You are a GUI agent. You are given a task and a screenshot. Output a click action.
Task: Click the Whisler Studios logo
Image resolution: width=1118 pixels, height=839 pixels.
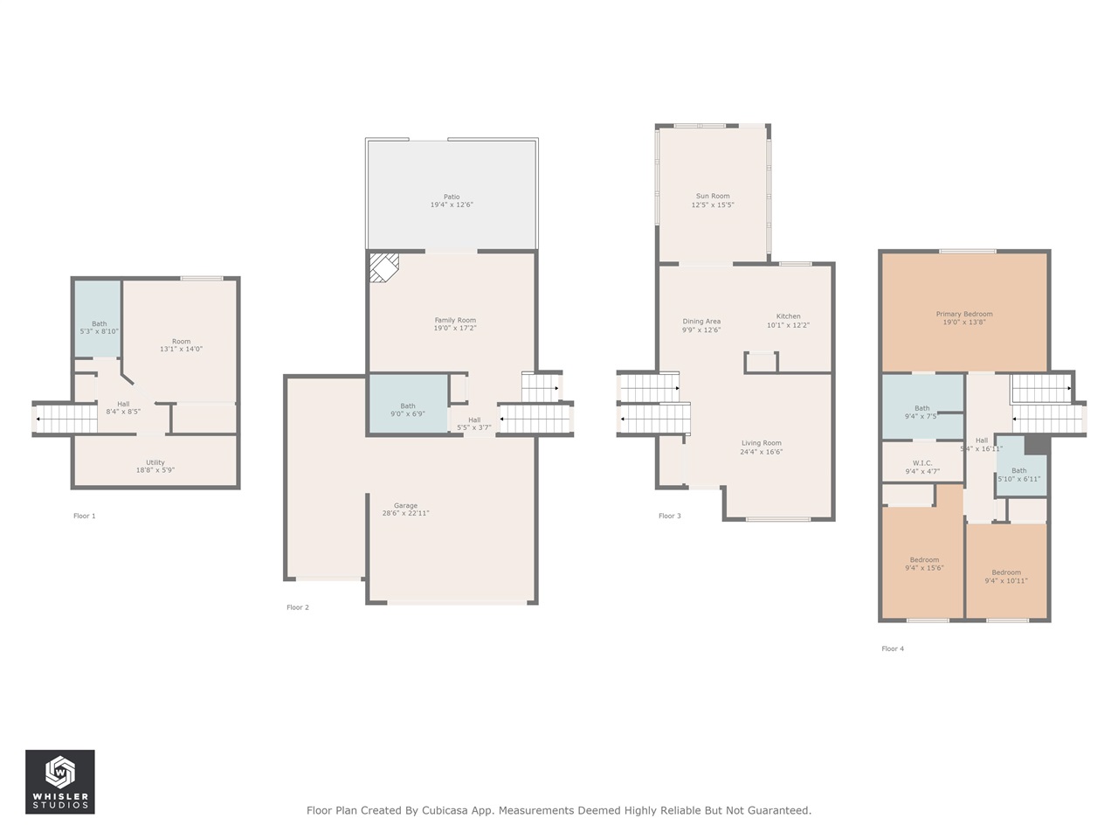[x=59, y=781]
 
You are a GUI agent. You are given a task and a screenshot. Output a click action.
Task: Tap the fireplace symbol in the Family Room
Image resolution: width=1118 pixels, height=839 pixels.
[x=382, y=267]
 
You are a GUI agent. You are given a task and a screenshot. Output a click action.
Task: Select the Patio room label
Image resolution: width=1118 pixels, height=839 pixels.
[x=452, y=198]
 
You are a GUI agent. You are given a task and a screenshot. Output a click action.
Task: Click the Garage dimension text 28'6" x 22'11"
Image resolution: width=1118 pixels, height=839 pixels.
[x=405, y=514]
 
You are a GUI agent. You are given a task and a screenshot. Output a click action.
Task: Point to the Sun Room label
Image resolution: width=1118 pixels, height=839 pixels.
[x=713, y=197]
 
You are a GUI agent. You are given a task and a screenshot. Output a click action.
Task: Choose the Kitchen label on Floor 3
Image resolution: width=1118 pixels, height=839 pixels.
[x=788, y=316]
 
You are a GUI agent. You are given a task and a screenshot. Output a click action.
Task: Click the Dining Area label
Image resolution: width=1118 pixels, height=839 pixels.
[x=701, y=322]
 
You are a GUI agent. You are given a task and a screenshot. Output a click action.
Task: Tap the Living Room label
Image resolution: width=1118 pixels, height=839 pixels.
[x=762, y=443]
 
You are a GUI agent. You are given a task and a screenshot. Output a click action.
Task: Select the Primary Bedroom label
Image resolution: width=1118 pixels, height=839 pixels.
[x=964, y=314]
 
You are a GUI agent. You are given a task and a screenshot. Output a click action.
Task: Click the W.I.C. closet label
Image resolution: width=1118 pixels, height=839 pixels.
[x=922, y=463]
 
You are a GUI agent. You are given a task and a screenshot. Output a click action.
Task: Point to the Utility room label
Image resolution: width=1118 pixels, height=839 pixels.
[x=155, y=462]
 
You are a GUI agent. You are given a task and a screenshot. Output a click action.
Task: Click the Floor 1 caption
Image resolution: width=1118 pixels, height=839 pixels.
[x=85, y=516]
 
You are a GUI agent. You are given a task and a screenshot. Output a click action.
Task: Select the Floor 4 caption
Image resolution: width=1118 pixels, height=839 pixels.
[x=893, y=648]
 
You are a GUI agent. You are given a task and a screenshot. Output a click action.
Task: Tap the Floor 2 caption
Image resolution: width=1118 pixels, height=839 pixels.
[x=298, y=607]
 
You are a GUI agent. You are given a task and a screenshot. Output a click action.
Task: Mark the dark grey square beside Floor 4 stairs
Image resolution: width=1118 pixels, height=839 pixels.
[x=1037, y=445]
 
